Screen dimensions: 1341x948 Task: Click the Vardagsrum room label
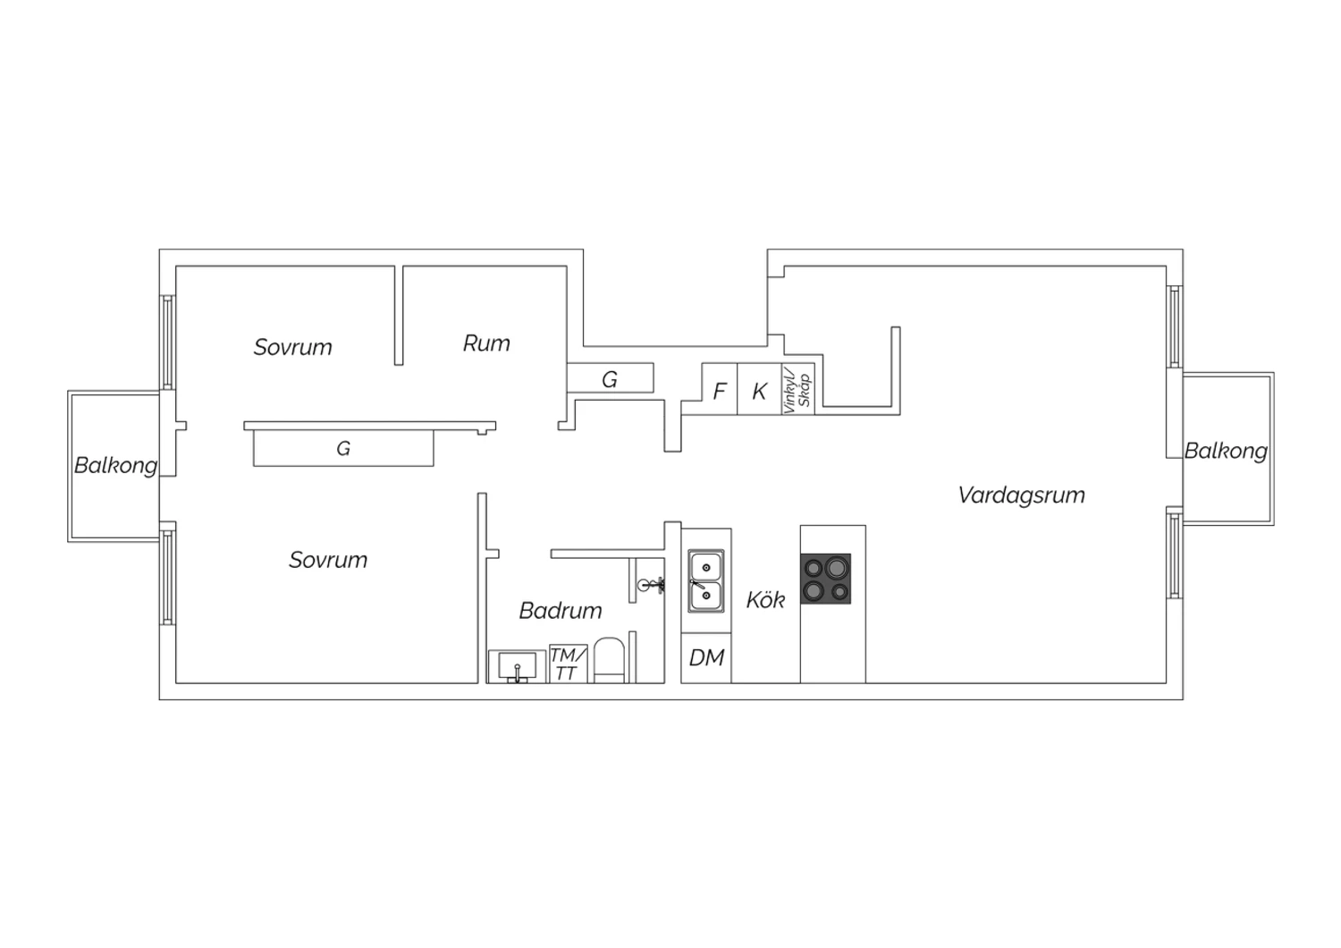coord(1021,495)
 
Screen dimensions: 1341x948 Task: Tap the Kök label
coord(765,600)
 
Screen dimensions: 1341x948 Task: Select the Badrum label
coord(561,611)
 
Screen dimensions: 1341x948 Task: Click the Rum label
coord(486,343)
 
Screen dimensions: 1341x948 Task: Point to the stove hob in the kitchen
coord(825,579)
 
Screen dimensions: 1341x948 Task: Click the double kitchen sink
coord(706,581)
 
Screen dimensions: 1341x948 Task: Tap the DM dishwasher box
coord(706,657)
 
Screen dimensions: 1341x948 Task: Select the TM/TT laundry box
coord(568,664)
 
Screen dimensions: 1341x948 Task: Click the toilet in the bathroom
coord(610,661)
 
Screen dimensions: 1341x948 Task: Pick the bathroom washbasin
coord(518,666)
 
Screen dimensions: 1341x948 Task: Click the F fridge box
coord(719,389)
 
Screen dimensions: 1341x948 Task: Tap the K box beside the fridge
coord(759,389)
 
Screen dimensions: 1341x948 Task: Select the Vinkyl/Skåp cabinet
coord(798,389)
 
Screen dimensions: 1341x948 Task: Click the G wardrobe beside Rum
coord(610,378)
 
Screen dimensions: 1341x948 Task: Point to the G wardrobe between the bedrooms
coord(343,448)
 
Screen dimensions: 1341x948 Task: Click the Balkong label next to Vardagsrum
coord(1226,451)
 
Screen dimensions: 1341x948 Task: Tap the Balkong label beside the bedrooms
coord(116,465)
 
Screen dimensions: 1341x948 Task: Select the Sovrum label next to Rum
coord(292,347)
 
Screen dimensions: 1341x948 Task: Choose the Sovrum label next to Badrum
coord(328,560)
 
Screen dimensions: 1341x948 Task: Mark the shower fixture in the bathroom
coord(650,585)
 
